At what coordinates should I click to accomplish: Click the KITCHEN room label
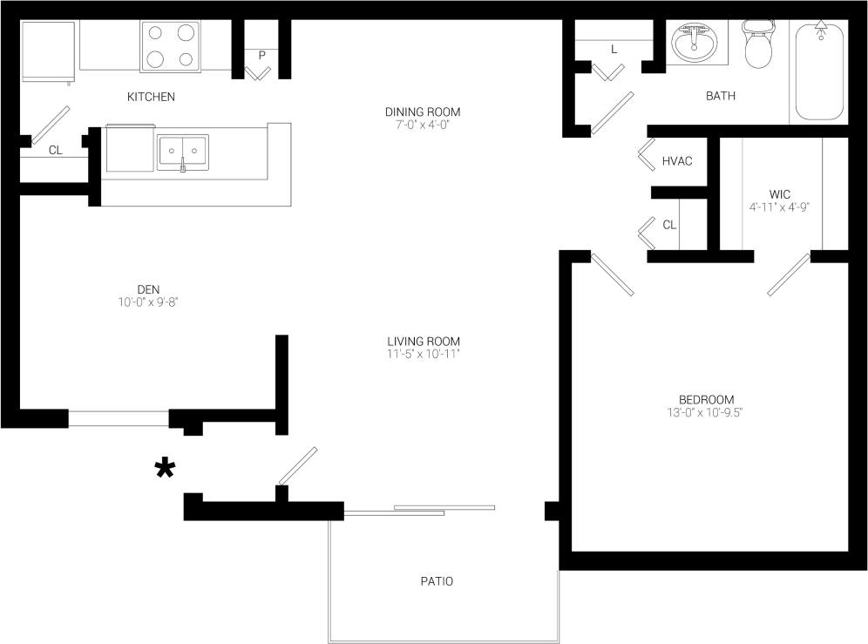coord(151,97)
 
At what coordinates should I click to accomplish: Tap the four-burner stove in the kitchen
coord(170,46)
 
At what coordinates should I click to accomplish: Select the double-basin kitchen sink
coord(183,153)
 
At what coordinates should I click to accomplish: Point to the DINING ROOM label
coord(422,112)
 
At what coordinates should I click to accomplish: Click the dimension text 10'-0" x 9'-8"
coord(148,302)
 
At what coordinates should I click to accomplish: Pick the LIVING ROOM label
coord(424,341)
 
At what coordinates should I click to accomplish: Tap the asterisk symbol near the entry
coord(165,469)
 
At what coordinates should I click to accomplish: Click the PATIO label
coord(436,581)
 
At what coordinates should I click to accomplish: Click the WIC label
coord(780,193)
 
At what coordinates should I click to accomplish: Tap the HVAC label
coord(677,161)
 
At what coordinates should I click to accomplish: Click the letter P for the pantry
coord(261,55)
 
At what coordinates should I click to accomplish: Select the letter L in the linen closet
coord(614,50)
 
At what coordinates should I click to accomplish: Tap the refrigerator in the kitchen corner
coord(48,51)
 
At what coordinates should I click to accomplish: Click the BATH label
coord(720,96)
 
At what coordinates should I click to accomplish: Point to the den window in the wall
coord(119,418)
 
